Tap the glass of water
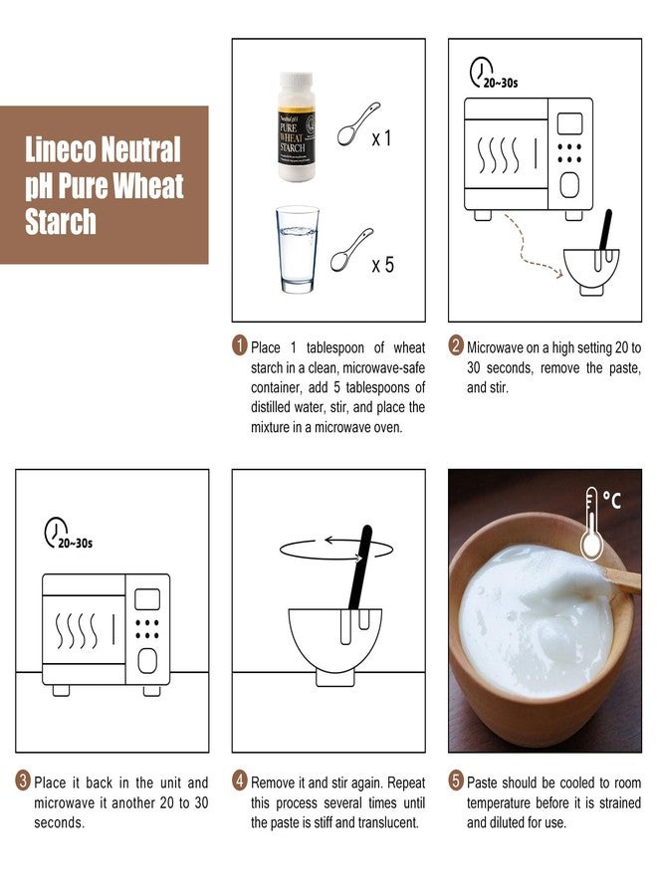point(299,249)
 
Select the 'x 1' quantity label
point(381,139)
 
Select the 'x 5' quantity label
point(382,265)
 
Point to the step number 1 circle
point(239,347)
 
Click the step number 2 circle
point(456,347)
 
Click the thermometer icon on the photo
point(592,522)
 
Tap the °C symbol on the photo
point(612,500)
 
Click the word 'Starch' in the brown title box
point(61,222)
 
